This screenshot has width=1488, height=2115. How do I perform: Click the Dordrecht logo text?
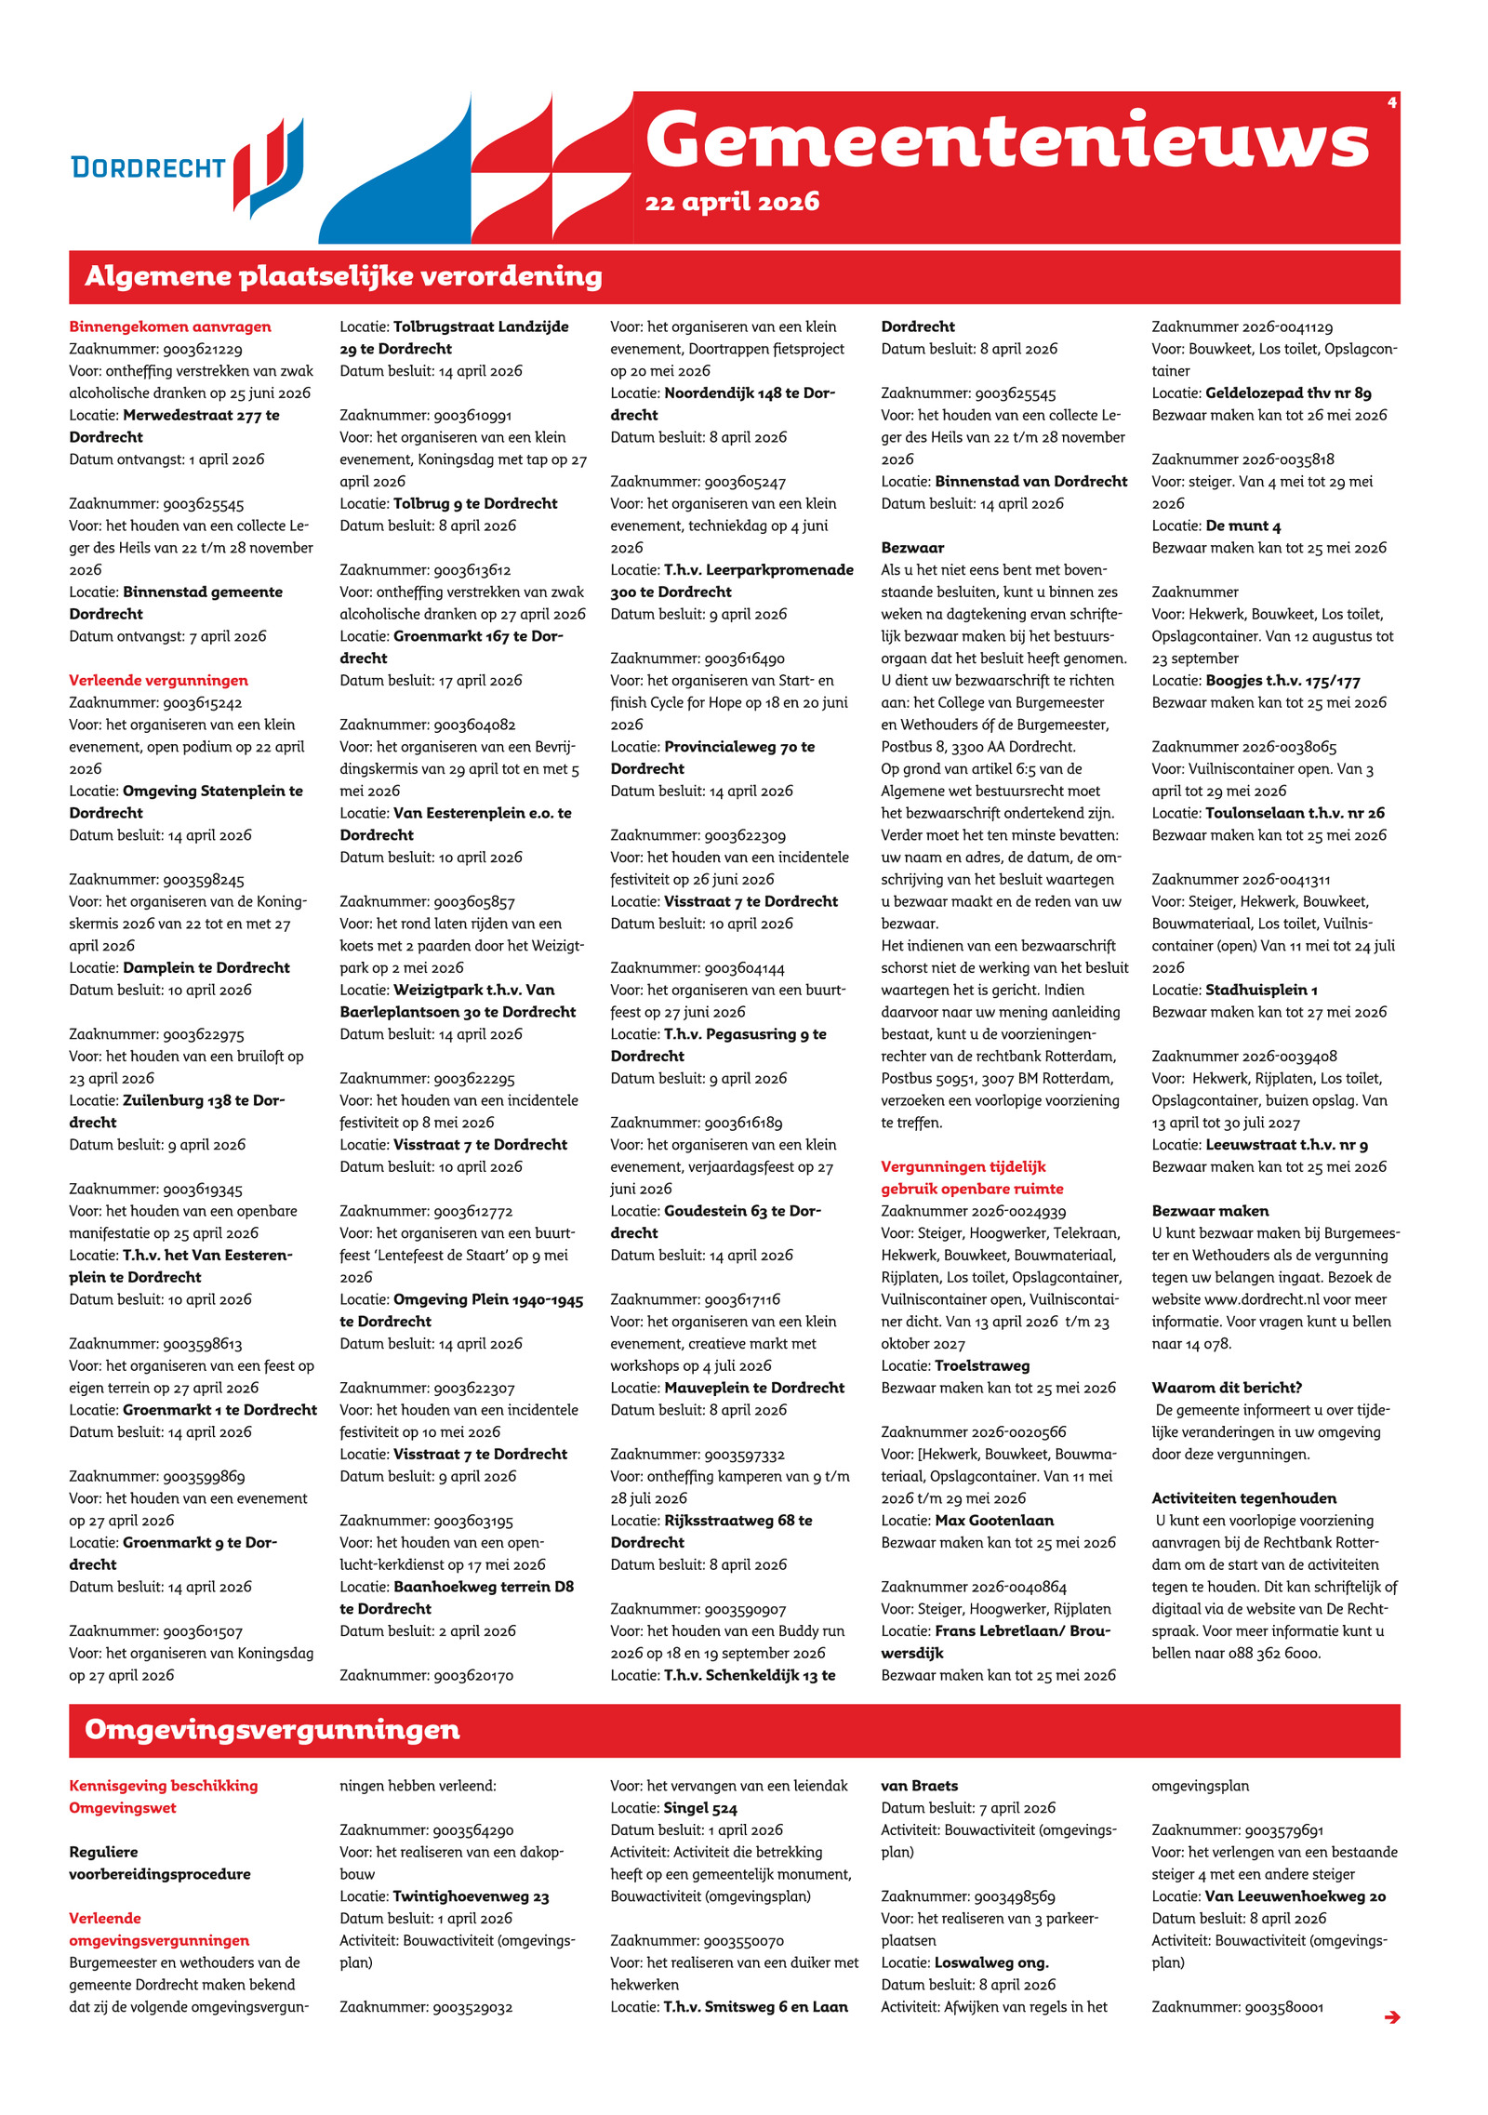coord(148,167)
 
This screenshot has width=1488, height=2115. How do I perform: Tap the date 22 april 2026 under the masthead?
coord(732,202)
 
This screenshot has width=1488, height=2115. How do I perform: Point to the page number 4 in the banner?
coord(1391,102)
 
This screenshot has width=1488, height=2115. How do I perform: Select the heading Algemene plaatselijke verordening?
coord(343,276)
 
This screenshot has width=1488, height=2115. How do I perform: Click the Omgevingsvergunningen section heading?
coord(272,1729)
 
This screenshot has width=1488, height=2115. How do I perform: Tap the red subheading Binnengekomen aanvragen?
coord(170,326)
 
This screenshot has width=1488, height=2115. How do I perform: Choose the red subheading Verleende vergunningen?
coord(158,680)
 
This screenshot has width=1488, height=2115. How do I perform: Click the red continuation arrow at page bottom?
coord(1391,2016)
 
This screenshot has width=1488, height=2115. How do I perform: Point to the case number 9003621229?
coord(203,349)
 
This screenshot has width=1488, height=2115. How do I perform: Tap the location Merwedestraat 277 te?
coord(201,415)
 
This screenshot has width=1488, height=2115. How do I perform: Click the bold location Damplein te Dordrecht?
coord(206,967)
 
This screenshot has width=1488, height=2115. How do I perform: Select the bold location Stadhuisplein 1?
coord(1261,990)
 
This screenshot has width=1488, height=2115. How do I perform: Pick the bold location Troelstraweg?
coord(982,1365)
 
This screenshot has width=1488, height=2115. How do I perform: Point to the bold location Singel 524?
coord(700,1808)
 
